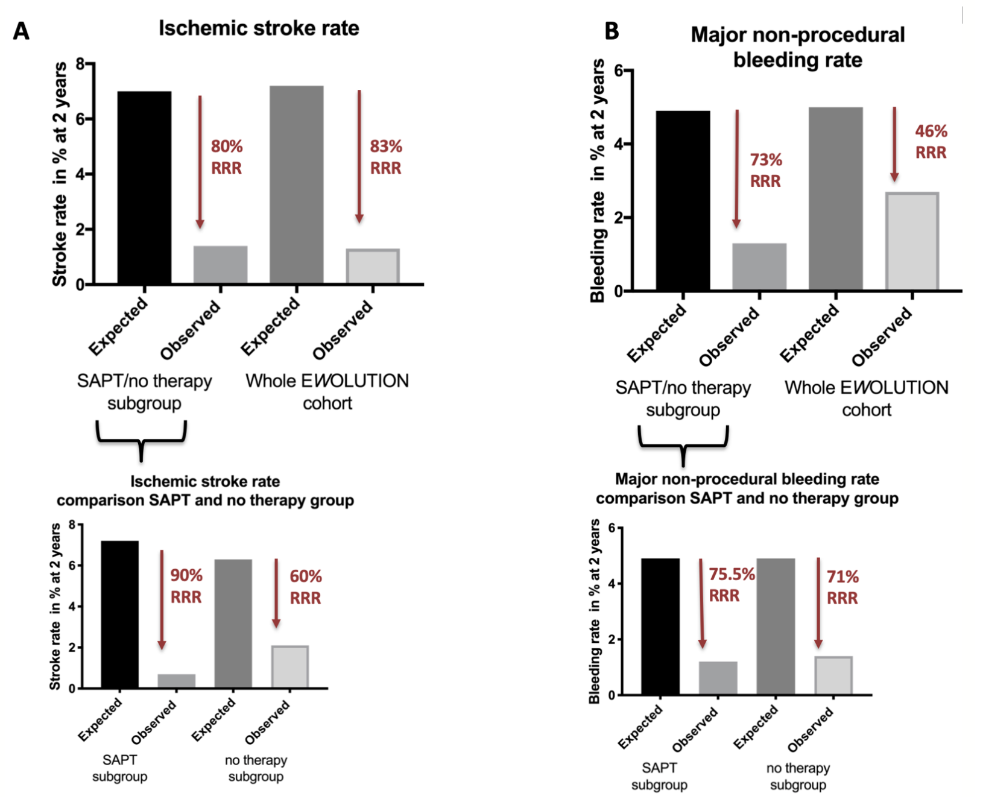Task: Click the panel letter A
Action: (x=21, y=30)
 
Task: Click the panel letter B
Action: (x=612, y=31)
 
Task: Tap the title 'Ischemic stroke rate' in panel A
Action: (x=259, y=28)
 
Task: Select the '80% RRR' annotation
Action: (x=226, y=157)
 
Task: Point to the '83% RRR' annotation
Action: (x=385, y=157)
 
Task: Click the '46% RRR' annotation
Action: (x=931, y=142)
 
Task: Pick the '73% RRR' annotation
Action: (x=765, y=170)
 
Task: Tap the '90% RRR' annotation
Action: (x=186, y=586)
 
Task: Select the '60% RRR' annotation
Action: (x=305, y=587)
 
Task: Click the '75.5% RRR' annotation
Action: (x=731, y=585)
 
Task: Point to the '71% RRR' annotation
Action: (x=842, y=587)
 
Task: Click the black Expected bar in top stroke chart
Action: (x=144, y=188)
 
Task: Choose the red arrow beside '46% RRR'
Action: (x=894, y=144)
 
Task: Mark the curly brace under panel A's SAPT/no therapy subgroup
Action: (x=141, y=440)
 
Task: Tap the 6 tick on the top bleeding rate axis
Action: (x=618, y=71)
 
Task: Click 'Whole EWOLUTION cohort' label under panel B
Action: (x=866, y=399)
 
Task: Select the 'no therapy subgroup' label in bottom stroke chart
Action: (x=256, y=768)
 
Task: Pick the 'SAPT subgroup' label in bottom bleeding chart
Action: (x=659, y=776)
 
